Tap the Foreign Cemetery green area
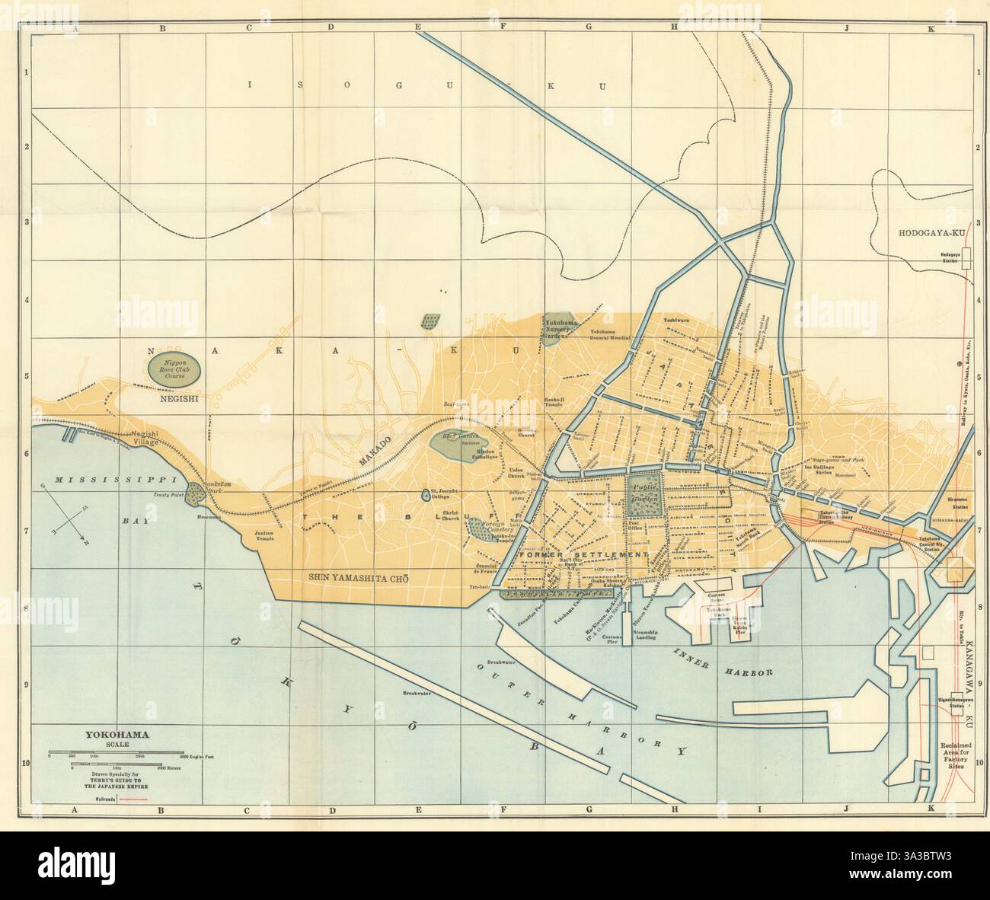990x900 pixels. point(474,527)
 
